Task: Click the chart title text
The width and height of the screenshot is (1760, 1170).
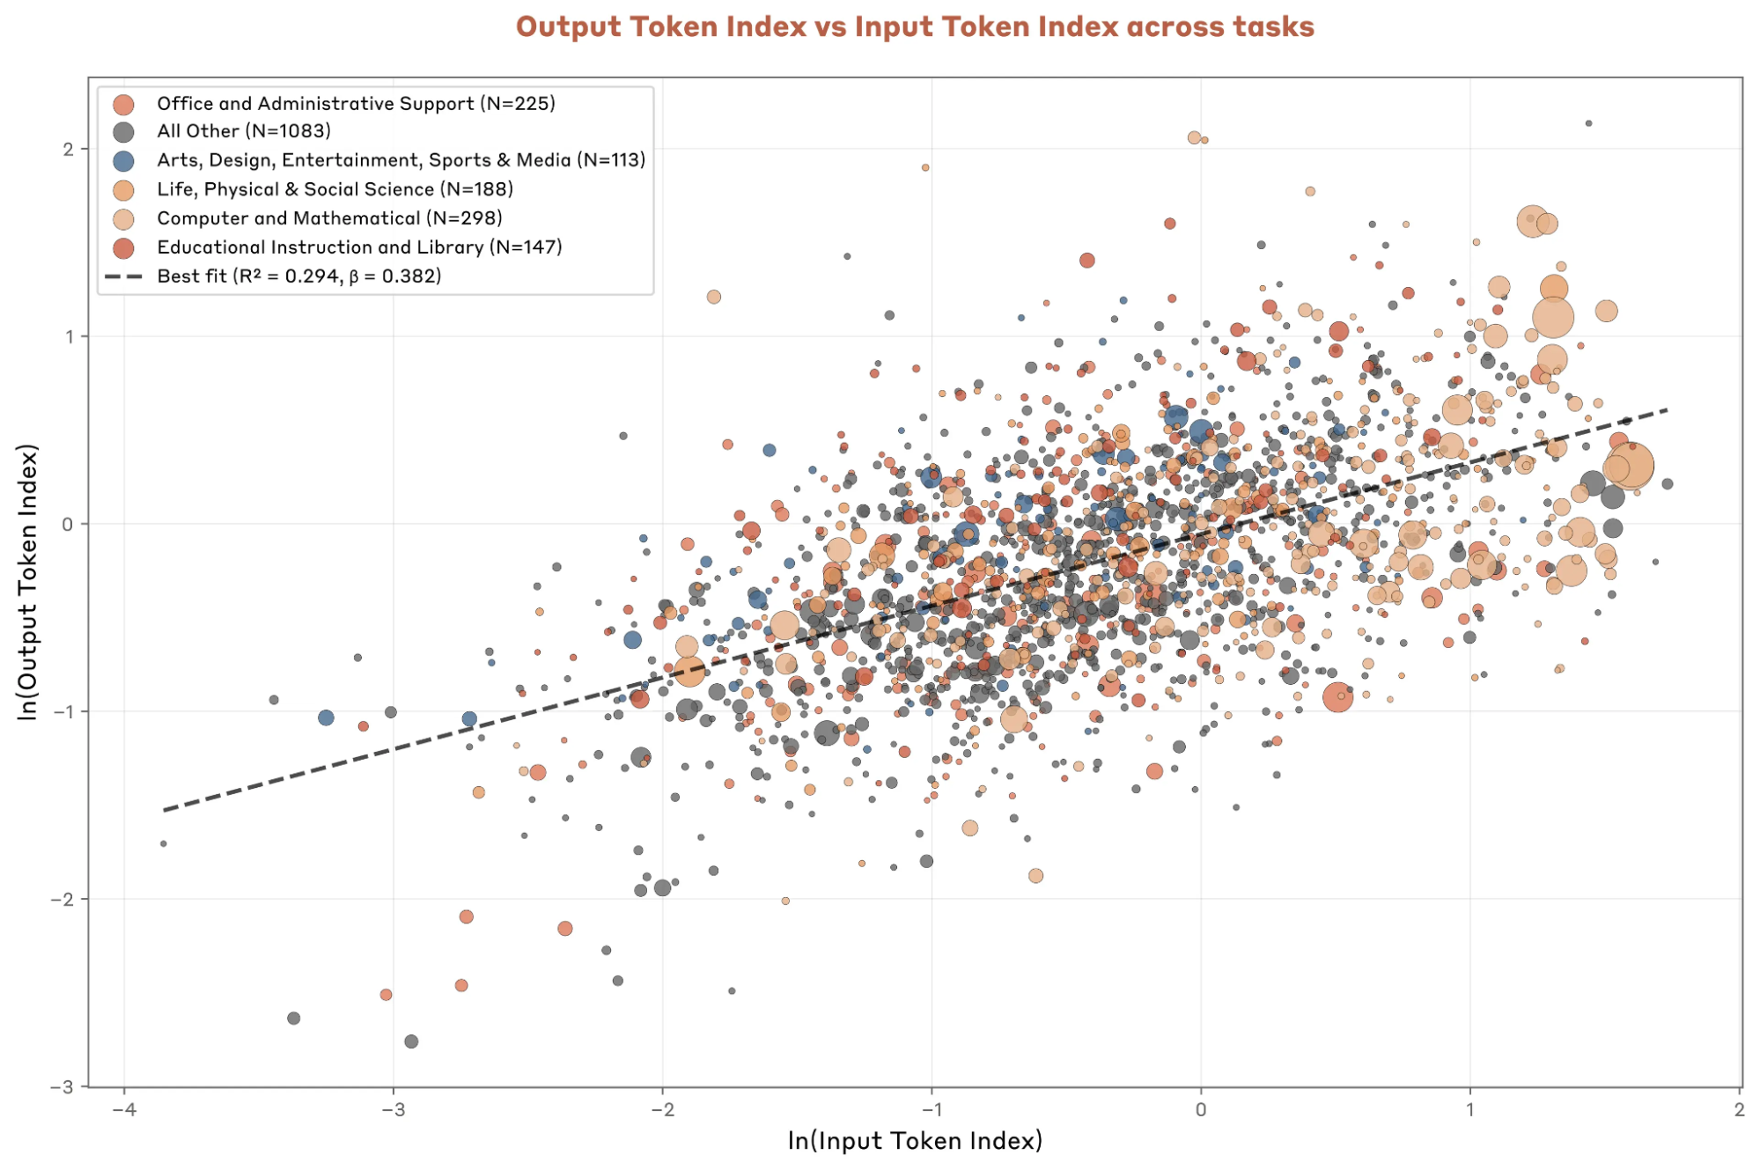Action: (x=914, y=26)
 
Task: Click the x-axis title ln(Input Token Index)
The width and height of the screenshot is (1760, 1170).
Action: (x=914, y=1140)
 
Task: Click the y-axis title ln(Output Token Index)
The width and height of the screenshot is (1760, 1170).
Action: (x=28, y=582)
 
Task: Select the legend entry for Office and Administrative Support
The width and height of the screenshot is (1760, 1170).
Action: (x=356, y=103)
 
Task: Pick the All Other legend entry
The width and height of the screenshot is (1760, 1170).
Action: (x=244, y=131)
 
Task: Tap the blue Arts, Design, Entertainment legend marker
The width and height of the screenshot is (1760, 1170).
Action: (x=124, y=160)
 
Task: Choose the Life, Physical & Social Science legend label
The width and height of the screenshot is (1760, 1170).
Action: (x=335, y=189)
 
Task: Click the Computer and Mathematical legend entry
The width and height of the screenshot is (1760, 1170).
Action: (x=329, y=218)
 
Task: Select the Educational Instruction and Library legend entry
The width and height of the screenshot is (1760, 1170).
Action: (x=359, y=247)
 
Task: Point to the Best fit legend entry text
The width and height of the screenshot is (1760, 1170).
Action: (x=299, y=276)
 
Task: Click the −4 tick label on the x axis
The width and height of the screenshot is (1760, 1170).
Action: (x=124, y=1109)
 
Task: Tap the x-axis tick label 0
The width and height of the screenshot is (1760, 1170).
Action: (x=1201, y=1109)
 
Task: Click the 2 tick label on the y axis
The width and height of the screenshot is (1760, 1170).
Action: (x=69, y=149)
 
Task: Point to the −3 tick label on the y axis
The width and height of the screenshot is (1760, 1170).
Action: (x=63, y=1086)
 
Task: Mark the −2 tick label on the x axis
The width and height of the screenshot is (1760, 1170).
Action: (x=662, y=1109)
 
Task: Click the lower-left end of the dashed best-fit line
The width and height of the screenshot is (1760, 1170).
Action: (x=165, y=809)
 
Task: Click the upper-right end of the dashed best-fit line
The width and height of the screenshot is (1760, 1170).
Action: (x=1667, y=410)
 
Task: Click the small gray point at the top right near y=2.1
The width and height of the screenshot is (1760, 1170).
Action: (x=1588, y=123)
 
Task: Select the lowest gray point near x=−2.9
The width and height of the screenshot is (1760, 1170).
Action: (x=411, y=1041)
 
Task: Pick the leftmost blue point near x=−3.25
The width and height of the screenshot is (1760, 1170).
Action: (x=326, y=717)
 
